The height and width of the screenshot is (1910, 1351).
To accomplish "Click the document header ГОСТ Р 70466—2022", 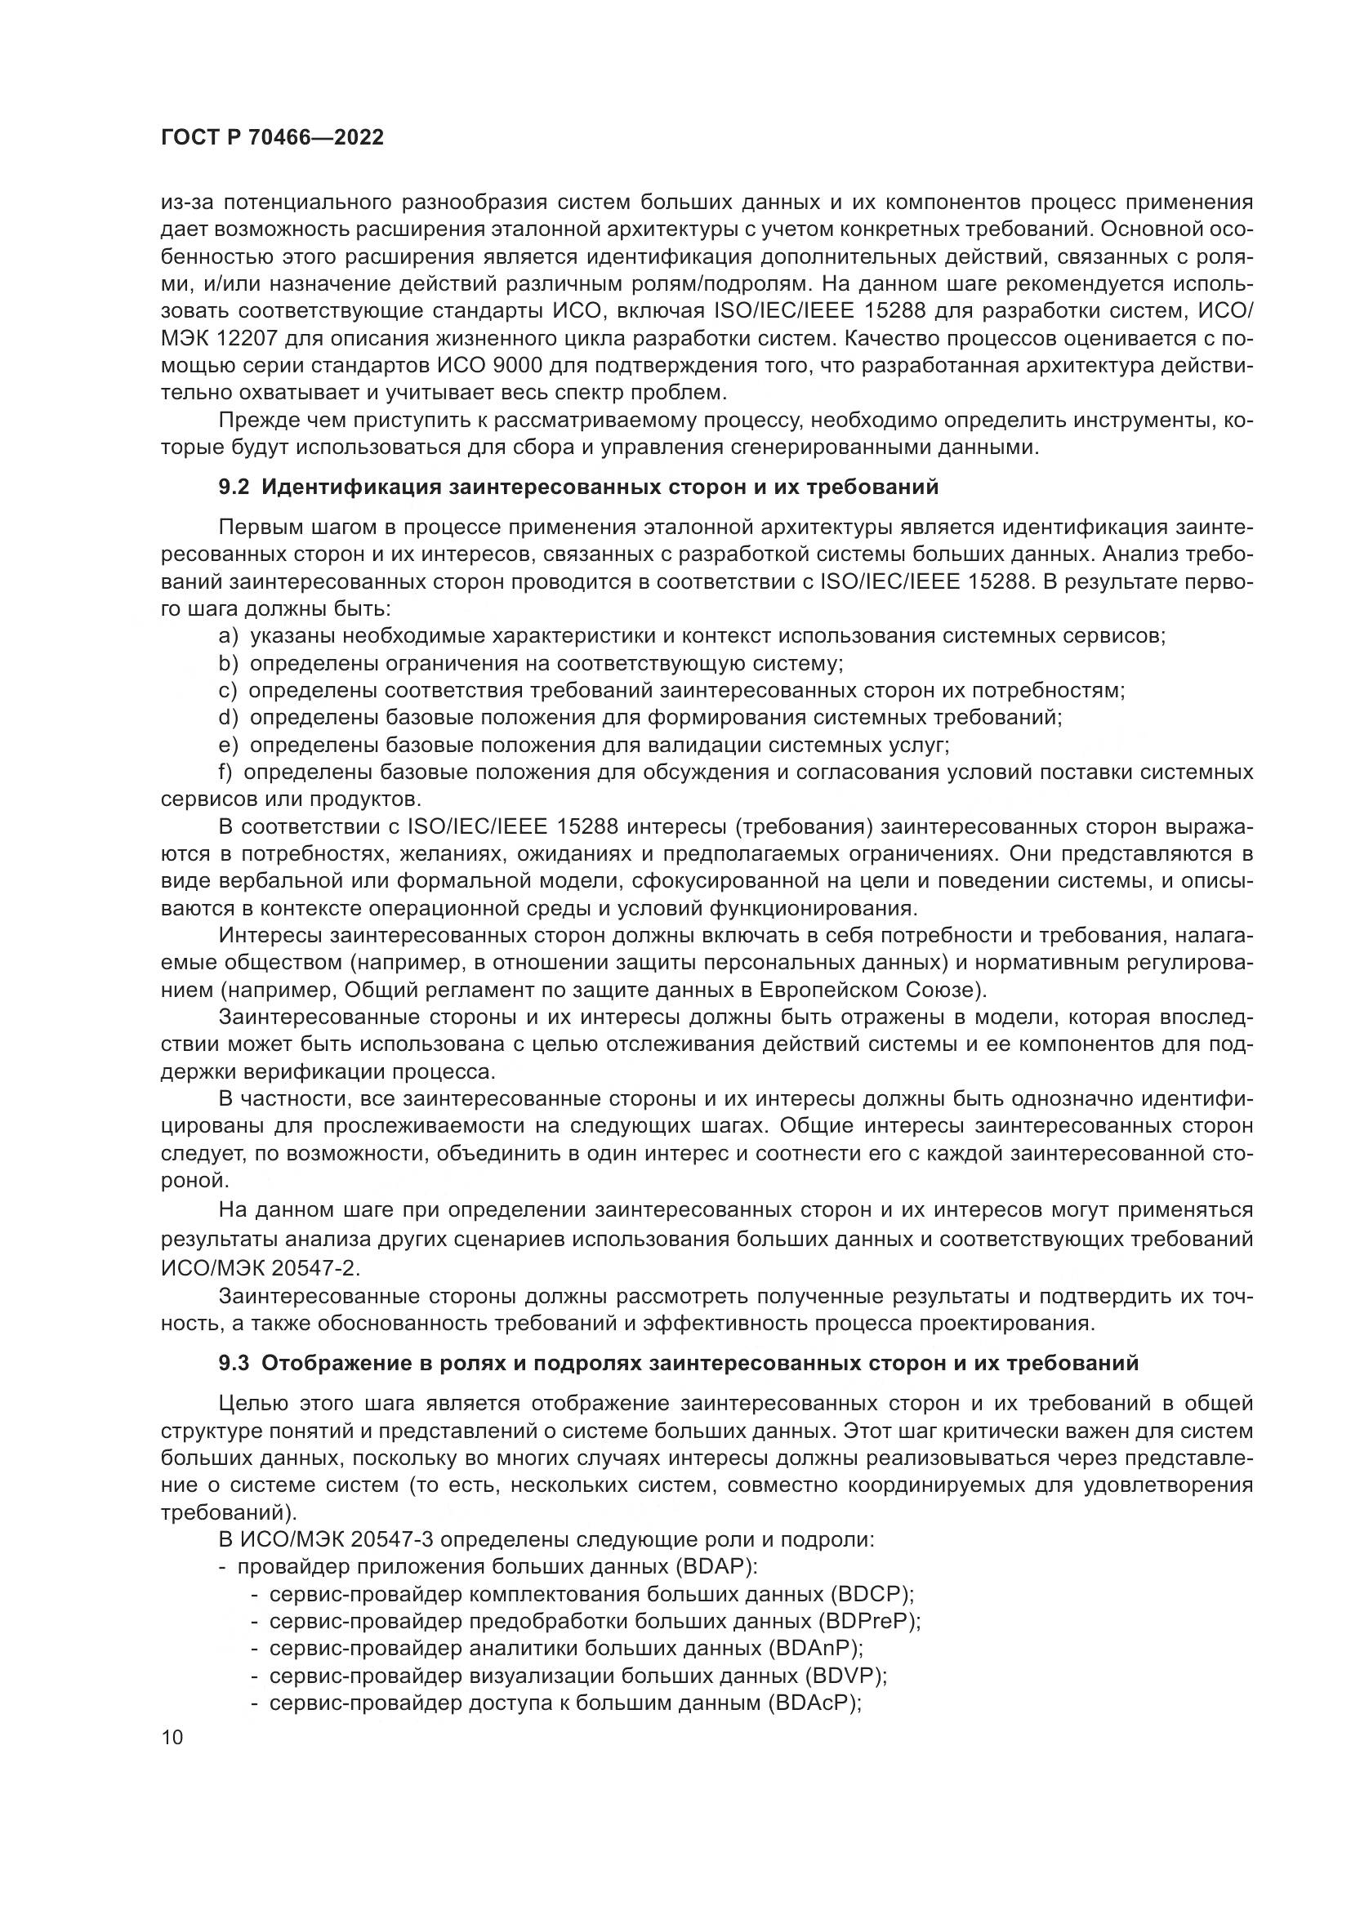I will (x=272, y=138).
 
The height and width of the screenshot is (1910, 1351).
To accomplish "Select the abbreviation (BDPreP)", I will (x=868, y=1623).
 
